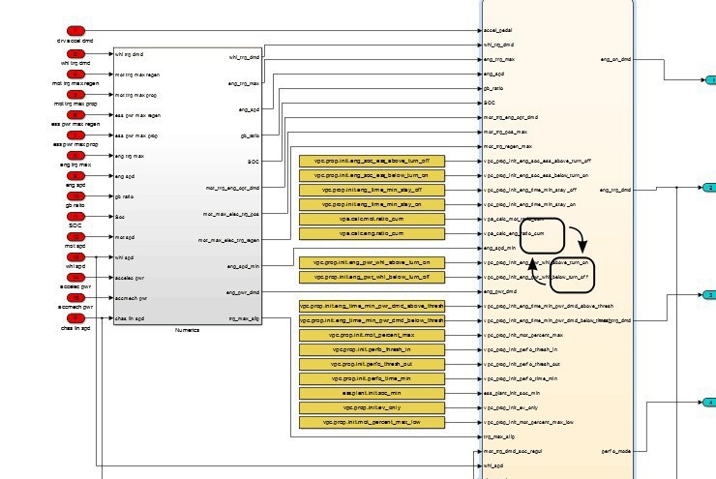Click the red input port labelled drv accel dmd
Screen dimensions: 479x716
pos(75,31)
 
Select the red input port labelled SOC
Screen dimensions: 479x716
pos(75,216)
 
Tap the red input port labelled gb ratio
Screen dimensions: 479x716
pos(75,195)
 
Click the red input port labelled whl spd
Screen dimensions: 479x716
pos(75,256)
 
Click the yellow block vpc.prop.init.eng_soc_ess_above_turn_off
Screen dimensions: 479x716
pos(372,161)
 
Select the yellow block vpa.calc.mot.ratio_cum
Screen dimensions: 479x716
pos(372,220)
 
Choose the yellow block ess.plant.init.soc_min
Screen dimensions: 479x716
pos(372,394)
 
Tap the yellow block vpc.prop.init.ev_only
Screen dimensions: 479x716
pos(372,408)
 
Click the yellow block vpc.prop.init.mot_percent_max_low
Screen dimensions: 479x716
pos(372,423)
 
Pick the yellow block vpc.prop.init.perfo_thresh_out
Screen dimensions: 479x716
pos(372,364)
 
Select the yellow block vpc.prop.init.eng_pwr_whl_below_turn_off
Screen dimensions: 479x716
pos(372,277)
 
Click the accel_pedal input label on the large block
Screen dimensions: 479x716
pos(497,30)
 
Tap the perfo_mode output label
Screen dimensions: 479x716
pos(616,451)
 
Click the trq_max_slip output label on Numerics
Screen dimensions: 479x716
pos(244,317)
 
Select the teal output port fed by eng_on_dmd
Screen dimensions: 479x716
pos(709,80)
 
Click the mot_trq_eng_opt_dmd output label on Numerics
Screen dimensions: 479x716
pos(232,188)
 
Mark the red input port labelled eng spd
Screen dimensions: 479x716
pos(75,175)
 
